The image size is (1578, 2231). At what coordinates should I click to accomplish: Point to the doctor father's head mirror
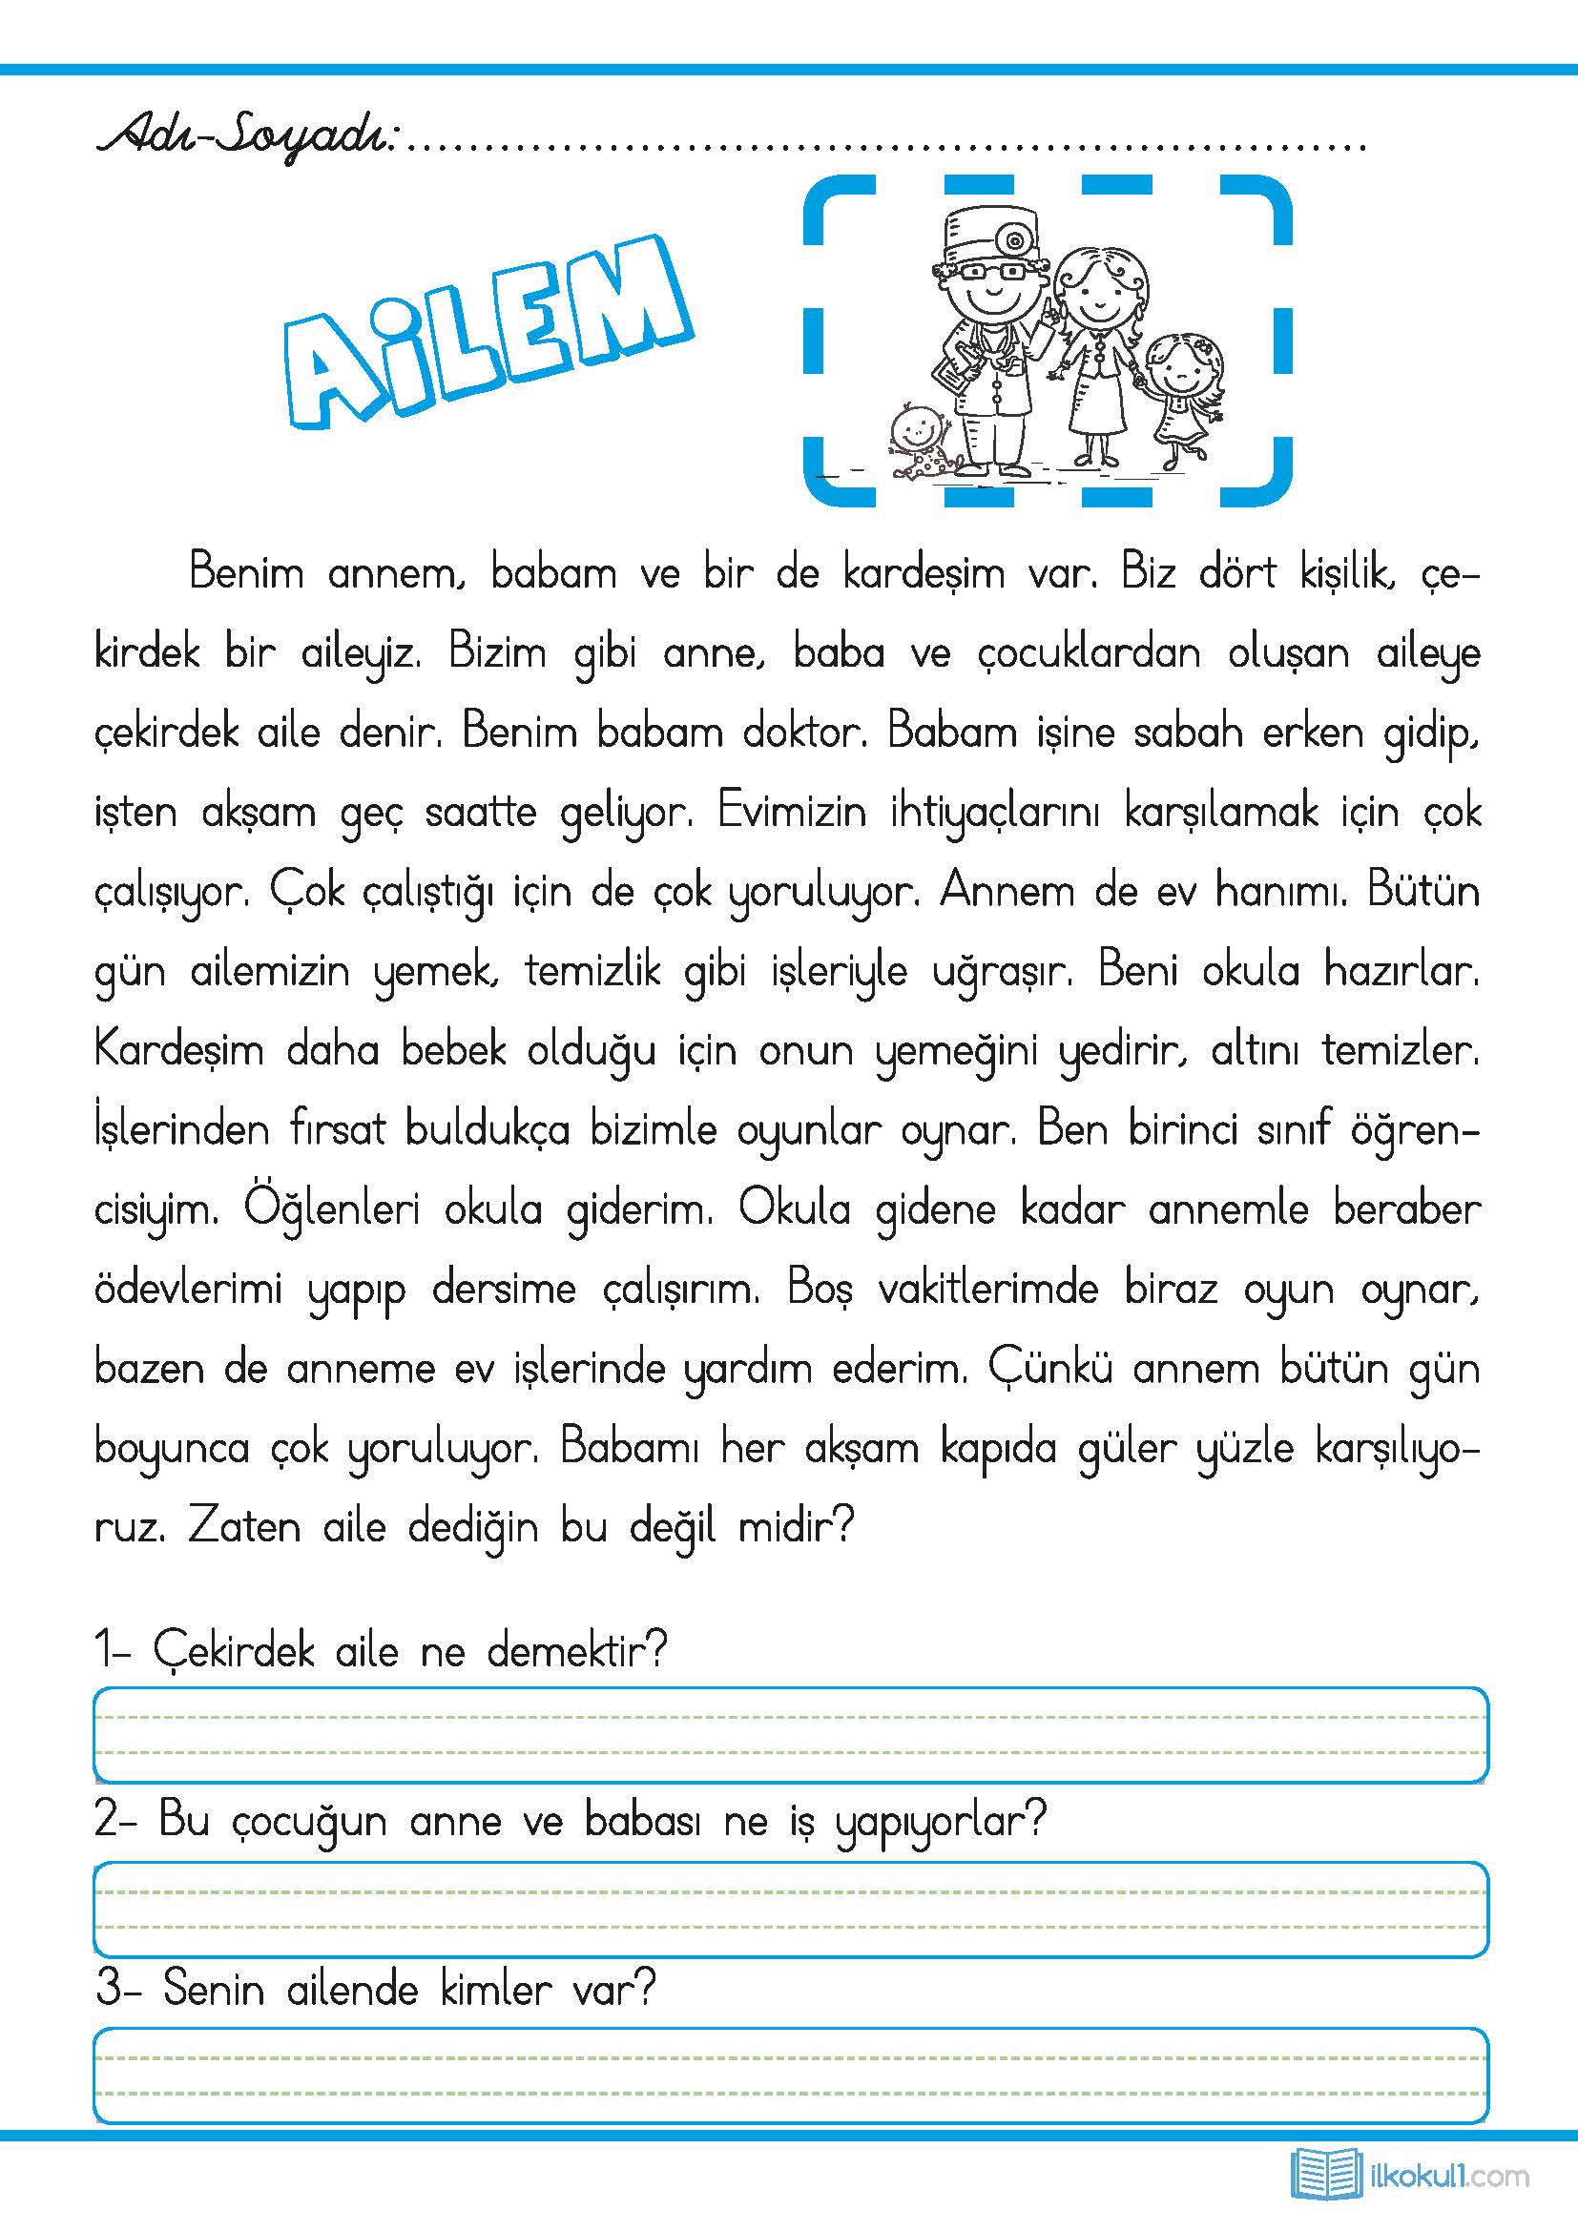pyautogui.click(x=1016, y=239)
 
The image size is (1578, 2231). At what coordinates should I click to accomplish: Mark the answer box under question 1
pyautogui.click(x=791, y=1735)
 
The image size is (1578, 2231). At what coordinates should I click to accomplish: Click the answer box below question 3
pyautogui.click(x=791, y=2076)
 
